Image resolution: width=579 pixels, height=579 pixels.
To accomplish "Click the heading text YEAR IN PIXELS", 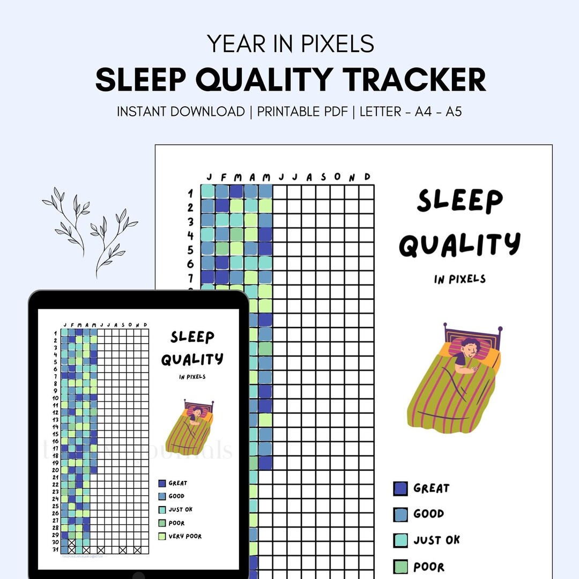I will (x=291, y=43).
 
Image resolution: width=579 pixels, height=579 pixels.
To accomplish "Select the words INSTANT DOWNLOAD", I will (x=181, y=112).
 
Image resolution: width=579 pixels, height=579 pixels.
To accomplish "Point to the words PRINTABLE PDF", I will (x=302, y=112).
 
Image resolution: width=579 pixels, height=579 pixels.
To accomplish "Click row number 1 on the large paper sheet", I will (x=190, y=193).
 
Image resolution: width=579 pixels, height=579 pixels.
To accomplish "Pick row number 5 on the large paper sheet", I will (x=190, y=249).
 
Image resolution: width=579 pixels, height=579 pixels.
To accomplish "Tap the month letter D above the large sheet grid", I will (x=367, y=177).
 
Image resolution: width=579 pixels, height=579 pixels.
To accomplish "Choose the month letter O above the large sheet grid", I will (x=338, y=177).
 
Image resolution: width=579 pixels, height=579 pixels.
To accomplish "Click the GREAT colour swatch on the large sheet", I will (x=400, y=488).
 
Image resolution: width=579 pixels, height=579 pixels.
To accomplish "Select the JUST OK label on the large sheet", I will (x=436, y=540).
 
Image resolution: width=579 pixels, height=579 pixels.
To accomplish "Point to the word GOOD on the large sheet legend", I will (x=428, y=514).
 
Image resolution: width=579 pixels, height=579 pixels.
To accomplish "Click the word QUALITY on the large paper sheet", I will (x=459, y=244).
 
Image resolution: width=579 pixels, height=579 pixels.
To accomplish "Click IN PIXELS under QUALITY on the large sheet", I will (x=459, y=279).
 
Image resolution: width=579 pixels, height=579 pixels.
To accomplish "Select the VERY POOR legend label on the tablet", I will (x=185, y=536).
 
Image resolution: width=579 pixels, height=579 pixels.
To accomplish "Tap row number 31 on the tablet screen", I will (x=55, y=549).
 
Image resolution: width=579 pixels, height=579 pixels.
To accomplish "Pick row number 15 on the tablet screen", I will (x=55, y=434).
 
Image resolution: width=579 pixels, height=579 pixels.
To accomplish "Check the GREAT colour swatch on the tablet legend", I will (x=162, y=483).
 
